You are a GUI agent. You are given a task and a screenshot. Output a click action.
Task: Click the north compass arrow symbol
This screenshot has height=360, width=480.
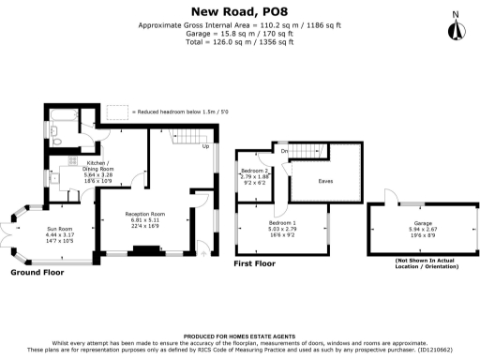pyautogui.click(x=457, y=27)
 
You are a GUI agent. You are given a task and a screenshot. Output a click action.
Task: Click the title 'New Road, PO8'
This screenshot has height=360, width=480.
pyautogui.click(x=239, y=10)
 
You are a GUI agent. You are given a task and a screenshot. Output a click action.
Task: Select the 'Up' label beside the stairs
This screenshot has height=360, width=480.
pyautogui.click(x=205, y=146)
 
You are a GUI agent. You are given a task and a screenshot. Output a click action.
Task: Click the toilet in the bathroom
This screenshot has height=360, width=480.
pyautogui.click(x=56, y=142)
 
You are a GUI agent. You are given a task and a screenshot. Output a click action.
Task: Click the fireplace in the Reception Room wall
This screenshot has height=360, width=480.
pyautogui.click(x=145, y=250)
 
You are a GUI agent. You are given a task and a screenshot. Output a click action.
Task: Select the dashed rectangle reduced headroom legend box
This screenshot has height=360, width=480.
pyautogui.click(x=117, y=112)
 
